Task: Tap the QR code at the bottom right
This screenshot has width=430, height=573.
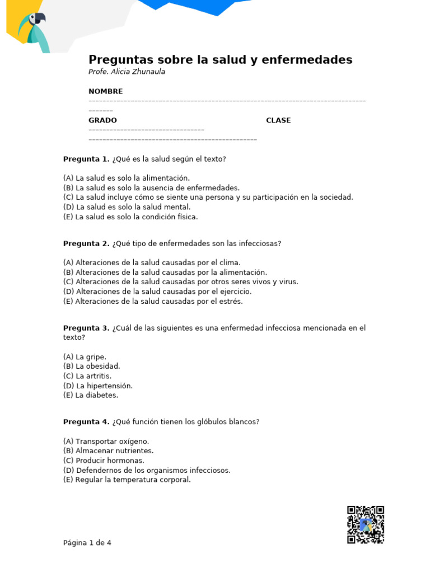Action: click(x=365, y=524)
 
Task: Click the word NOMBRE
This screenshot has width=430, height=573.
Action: click(x=105, y=91)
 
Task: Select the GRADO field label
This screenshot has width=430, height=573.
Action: click(x=102, y=120)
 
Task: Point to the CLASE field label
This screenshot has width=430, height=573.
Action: click(x=278, y=120)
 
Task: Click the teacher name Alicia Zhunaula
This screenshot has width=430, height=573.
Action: click(x=137, y=72)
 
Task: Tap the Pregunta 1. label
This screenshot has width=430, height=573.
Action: click(x=86, y=159)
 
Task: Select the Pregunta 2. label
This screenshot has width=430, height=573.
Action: click(x=86, y=243)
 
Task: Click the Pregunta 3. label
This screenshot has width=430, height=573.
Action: click(x=86, y=328)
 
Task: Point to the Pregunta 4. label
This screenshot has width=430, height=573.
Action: click(x=86, y=422)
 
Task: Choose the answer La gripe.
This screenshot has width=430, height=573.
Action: click(x=85, y=357)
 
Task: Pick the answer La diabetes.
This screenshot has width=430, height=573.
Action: click(x=91, y=395)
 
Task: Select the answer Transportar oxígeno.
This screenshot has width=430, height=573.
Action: click(x=106, y=442)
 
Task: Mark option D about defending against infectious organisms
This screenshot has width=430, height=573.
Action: click(x=147, y=470)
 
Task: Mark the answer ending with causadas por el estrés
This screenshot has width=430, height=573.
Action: click(x=153, y=301)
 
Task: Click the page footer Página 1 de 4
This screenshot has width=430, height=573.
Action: click(x=87, y=543)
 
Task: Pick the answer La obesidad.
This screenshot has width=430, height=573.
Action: click(x=92, y=367)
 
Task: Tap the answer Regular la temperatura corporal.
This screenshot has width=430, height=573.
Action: click(x=127, y=480)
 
